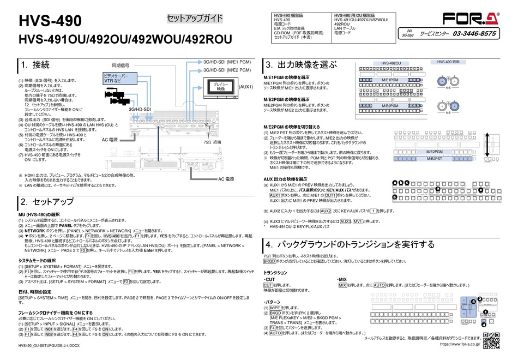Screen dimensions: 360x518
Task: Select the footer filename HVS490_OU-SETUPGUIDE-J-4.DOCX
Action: point(49,346)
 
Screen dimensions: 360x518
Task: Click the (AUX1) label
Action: point(245,87)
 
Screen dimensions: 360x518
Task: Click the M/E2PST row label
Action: point(433,158)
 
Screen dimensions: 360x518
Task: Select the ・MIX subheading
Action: point(341,279)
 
